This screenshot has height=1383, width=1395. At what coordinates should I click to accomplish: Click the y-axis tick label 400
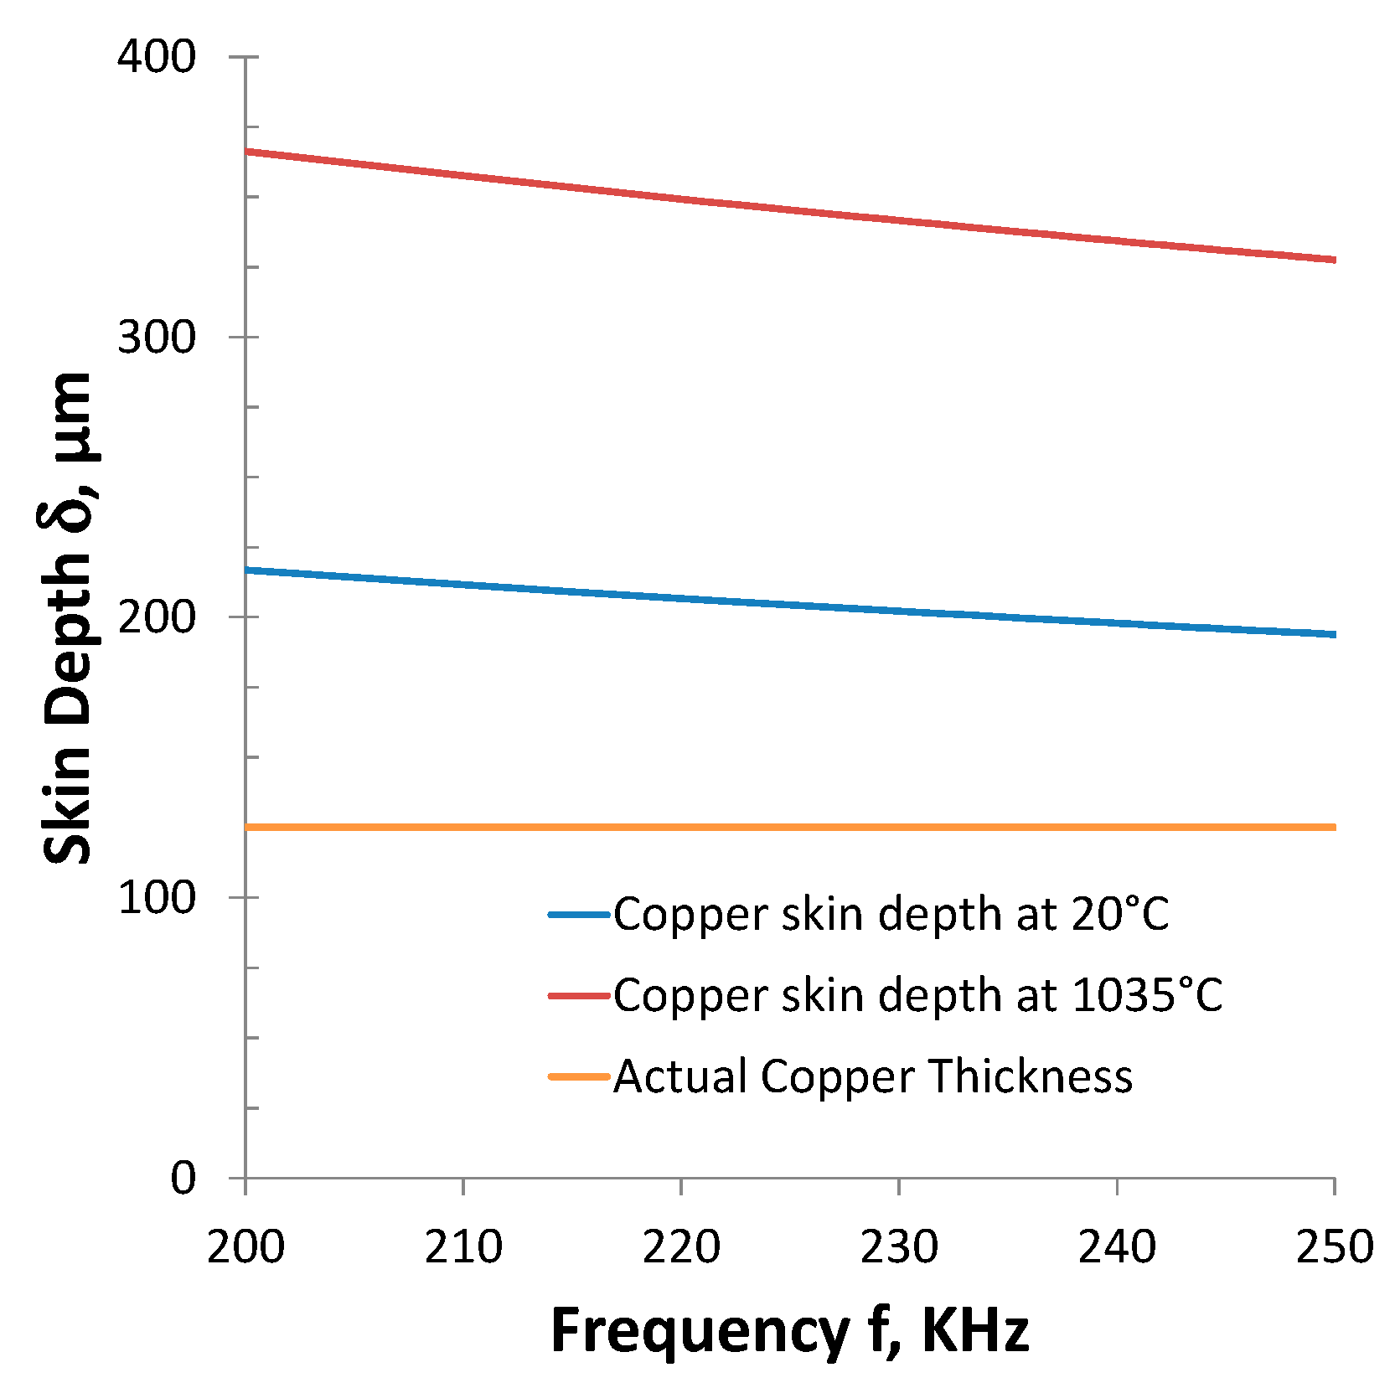click(156, 57)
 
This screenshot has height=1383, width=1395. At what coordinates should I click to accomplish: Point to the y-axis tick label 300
click(156, 338)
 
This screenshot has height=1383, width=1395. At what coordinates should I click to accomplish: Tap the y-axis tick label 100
click(156, 898)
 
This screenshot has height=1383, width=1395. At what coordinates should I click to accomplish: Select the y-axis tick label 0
click(183, 1178)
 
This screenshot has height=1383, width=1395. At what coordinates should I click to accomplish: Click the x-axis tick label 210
click(463, 1247)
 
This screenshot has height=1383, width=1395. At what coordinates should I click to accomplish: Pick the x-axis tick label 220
click(681, 1247)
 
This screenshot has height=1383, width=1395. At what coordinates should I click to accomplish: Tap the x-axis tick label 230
click(899, 1247)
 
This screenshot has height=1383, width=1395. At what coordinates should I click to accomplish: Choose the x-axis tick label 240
click(1117, 1247)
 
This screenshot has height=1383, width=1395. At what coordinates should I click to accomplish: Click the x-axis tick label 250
click(1334, 1247)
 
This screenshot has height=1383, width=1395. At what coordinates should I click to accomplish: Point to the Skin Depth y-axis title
click(67, 618)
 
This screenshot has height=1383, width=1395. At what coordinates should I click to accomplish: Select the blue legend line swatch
click(579, 915)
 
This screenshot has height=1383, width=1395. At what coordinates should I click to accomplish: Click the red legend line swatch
click(579, 996)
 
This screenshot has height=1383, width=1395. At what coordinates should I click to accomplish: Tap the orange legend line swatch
click(579, 1076)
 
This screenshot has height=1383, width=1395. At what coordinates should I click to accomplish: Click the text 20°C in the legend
click(1119, 915)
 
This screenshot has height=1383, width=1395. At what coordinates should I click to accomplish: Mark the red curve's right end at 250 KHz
click(1334, 261)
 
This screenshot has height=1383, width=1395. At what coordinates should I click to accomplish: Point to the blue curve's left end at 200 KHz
click(246, 570)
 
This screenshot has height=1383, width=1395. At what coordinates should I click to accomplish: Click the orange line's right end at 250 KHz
click(1334, 828)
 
